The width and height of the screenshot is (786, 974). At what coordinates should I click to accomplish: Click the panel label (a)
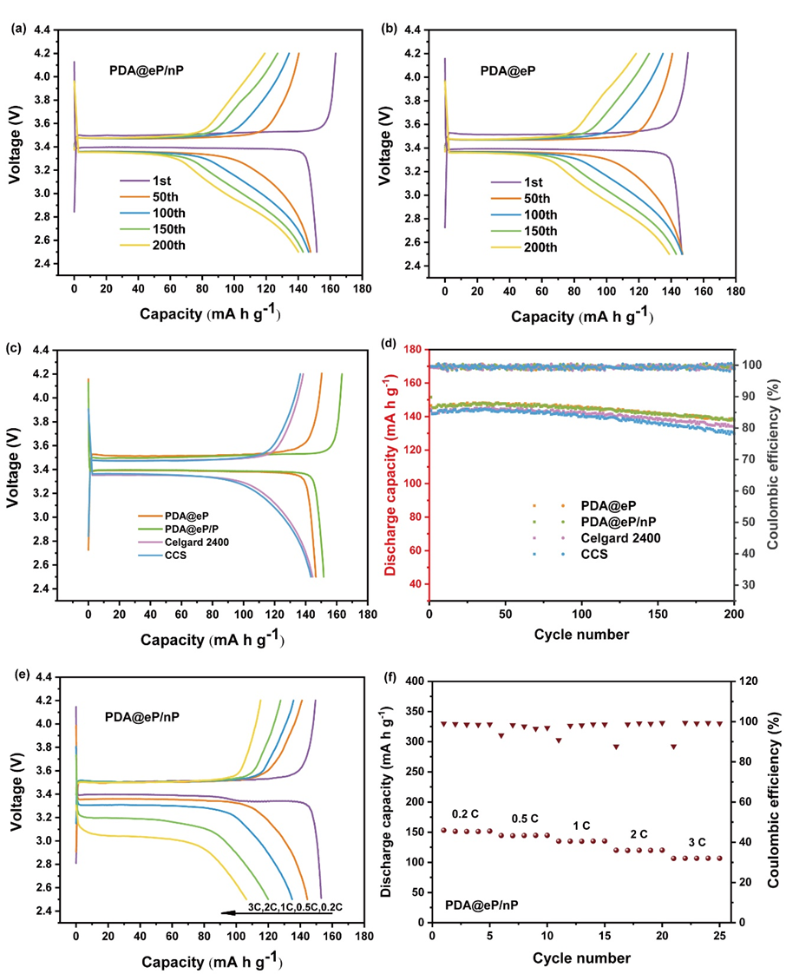[16, 29]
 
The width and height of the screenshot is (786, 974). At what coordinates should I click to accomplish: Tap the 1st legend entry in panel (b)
[530, 182]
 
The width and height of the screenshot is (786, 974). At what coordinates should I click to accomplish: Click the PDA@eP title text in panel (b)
[507, 70]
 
